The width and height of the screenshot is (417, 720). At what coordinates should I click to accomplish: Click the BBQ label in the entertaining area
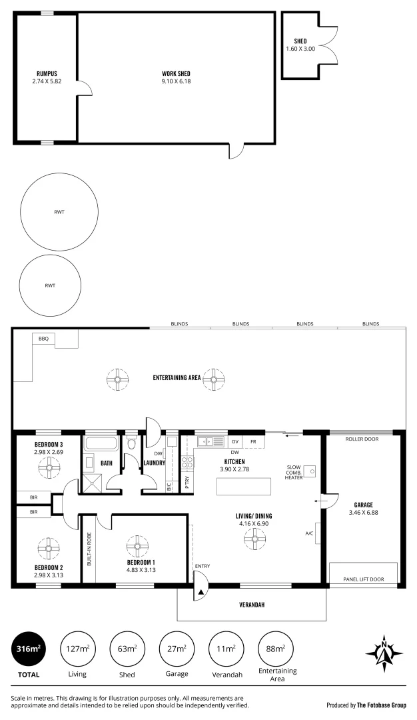pos(44,339)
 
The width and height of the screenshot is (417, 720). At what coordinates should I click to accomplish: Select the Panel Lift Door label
pos(363,579)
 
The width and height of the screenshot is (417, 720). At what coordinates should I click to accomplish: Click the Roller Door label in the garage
pos(363,439)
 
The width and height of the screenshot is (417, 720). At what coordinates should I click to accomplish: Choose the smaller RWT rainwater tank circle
pos(50,285)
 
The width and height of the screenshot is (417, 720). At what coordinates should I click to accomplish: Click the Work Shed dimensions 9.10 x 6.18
pos(176,81)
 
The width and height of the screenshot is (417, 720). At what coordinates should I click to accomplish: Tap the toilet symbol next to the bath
pos(131,442)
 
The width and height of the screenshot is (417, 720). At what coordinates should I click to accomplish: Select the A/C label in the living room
pos(310,533)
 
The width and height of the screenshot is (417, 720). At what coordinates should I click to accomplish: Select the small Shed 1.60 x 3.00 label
pos(300,45)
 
